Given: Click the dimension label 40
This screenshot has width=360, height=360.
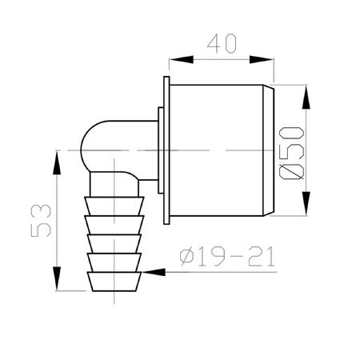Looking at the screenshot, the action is pyautogui.click(x=222, y=43).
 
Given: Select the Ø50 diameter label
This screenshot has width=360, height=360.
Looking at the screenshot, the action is pyautogui.click(x=291, y=153).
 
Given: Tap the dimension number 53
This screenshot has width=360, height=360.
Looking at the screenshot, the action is pyautogui.click(x=41, y=221).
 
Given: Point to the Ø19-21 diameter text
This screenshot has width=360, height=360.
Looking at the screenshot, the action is pyautogui.click(x=227, y=256).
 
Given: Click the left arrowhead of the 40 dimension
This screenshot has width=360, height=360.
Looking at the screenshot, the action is pyautogui.click(x=181, y=59).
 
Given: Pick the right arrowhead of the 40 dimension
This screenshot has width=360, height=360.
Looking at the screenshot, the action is pyautogui.click(x=262, y=59).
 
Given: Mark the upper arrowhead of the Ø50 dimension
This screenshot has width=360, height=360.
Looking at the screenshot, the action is pyautogui.click(x=306, y=97).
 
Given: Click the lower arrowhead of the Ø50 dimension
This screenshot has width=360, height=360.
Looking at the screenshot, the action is pyautogui.click(x=306, y=203).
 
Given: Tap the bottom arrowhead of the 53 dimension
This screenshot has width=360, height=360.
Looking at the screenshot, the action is pyautogui.click(x=57, y=278).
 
